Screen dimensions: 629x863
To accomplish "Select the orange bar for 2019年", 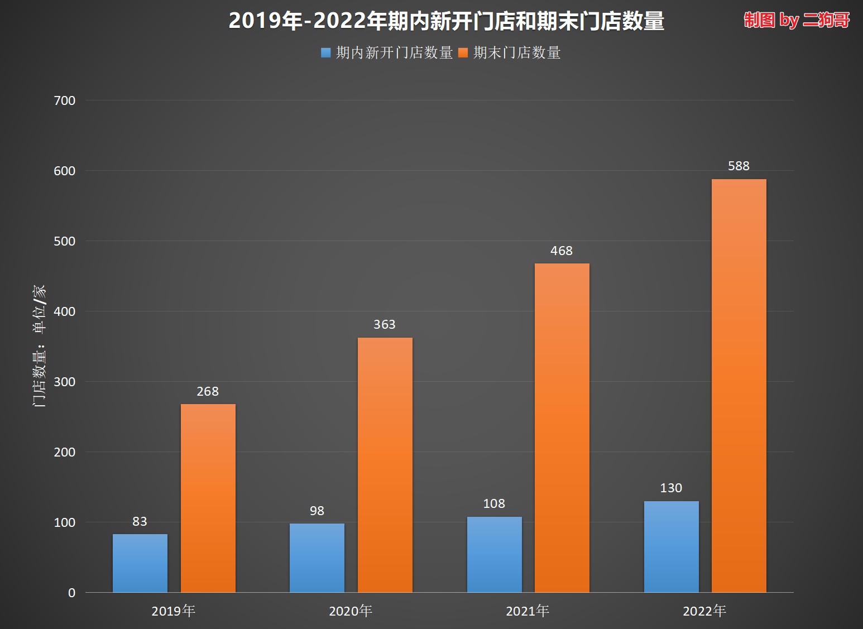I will pos(208,498).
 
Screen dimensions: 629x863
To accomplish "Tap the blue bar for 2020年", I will pos(317,558).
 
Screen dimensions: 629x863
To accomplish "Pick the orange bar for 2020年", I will pos(385,464).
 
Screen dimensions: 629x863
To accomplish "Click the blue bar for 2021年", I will pos(495,554).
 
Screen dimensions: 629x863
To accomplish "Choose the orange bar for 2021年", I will pos(562,428).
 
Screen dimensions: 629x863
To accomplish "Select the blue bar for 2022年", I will pos(672,546).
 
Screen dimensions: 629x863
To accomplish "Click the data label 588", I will pos(739,166).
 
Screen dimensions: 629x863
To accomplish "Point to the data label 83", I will pos(140,521).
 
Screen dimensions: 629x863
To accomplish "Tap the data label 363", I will pos(385,324).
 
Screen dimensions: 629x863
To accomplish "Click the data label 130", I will pos(671,488).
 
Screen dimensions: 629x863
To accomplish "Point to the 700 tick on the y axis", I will pos(65,100).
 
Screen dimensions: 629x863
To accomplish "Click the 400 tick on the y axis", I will pos(65,311).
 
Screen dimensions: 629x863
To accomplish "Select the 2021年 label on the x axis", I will pos(528,611).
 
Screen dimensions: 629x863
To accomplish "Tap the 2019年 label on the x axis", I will pos(174,611).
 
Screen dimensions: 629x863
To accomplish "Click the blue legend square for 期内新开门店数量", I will pos(326,53).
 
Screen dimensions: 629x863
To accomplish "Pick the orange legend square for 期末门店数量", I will pos(463,53).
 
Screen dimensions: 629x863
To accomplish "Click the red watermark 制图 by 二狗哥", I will pos(797,20).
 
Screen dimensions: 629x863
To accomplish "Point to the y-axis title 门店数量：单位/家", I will pos(39,346).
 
